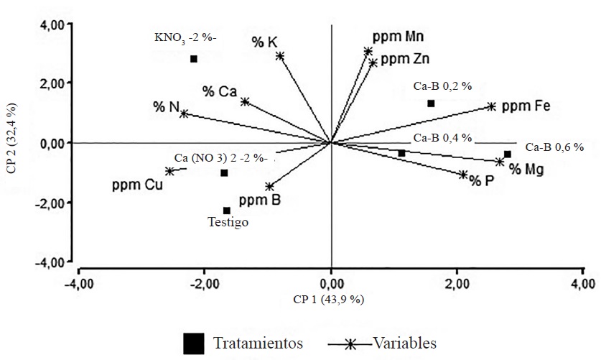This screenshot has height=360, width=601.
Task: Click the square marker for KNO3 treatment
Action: (x=194, y=59)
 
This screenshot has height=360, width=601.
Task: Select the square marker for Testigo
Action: (x=227, y=211)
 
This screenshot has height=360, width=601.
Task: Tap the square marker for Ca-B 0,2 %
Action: (x=431, y=103)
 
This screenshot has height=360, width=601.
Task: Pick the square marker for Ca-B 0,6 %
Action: (x=507, y=154)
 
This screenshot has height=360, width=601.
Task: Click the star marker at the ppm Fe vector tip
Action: (x=491, y=106)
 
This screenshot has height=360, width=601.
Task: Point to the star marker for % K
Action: (x=280, y=56)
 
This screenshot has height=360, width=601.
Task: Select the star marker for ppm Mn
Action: (x=368, y=52)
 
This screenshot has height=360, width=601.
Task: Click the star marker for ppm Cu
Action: (x=170, y=171)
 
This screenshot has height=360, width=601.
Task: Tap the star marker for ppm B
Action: (x=269, y=187)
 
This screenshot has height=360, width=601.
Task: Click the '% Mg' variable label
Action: (x=526, y=170)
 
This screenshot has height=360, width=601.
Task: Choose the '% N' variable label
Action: (x=165, y=107)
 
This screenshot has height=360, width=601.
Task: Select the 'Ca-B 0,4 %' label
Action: (x=442, y=137)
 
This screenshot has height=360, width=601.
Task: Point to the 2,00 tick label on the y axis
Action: (x=55, y=83)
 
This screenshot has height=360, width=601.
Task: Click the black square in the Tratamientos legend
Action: (x=193, y=343)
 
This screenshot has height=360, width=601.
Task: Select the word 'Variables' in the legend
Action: (x=404, y=343)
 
